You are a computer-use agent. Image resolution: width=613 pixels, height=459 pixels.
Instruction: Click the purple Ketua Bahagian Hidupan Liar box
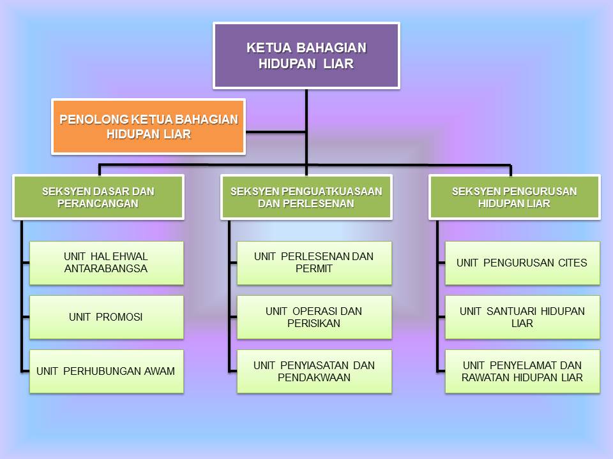(x=306, y=55)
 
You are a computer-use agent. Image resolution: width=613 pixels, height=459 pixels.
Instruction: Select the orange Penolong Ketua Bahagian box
(x=148, y=127)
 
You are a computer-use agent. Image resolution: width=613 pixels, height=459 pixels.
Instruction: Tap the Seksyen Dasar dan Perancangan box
(x=98, y=198)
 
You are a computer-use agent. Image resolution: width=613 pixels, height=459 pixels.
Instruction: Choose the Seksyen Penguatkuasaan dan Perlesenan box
(x=306, y=198)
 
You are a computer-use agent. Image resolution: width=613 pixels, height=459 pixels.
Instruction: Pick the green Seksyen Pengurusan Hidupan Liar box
(x=514, y=198)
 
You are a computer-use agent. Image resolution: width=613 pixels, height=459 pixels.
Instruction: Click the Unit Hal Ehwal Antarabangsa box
(x=106, y=263)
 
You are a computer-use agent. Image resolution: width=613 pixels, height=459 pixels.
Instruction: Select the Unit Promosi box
(x=106, y=317)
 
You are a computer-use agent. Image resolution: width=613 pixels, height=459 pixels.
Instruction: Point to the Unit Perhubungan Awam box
(x=106, y=371)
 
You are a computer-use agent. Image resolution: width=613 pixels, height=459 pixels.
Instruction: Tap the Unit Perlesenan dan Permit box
(x=314, y=263)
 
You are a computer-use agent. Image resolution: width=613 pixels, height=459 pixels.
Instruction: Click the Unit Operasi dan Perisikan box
(x=314, y=317)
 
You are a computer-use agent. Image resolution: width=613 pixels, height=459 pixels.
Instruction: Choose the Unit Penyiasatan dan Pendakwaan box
(x=314, y=371)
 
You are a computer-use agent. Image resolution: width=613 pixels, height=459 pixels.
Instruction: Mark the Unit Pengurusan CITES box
(x=522, y=263)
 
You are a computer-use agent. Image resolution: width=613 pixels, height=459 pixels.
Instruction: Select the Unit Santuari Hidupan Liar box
(x=522, y=317)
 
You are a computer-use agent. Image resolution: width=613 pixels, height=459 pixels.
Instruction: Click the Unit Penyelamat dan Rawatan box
(x=522, y=371)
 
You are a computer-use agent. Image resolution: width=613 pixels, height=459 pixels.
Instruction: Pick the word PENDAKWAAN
(x=314, y=377)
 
